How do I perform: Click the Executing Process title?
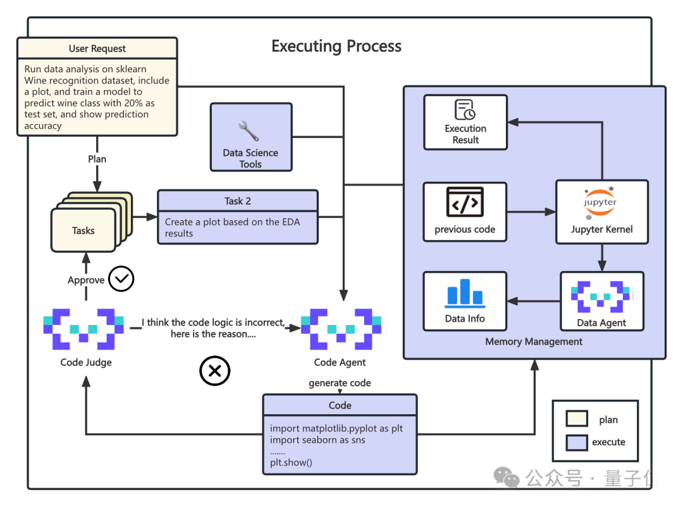pos(336,46)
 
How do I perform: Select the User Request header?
pos(97,49)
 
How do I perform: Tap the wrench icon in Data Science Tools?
pos(249,130)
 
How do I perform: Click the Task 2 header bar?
pos(238,201)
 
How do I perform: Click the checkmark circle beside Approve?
pos(121,279)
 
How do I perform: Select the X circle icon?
pos(214,371)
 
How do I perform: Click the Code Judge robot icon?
pos(83,329)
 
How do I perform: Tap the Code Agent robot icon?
pos(341,329)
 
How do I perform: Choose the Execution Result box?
pos(465,122)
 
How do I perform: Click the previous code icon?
pos(465,202)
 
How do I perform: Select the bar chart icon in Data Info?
pos(465,293)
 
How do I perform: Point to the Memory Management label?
pos(534,342)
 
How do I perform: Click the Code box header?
pos(340,405)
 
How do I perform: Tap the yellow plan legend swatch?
pos(577,419)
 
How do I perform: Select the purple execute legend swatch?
pos(577,441)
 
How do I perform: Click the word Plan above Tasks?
pos(97,159)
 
